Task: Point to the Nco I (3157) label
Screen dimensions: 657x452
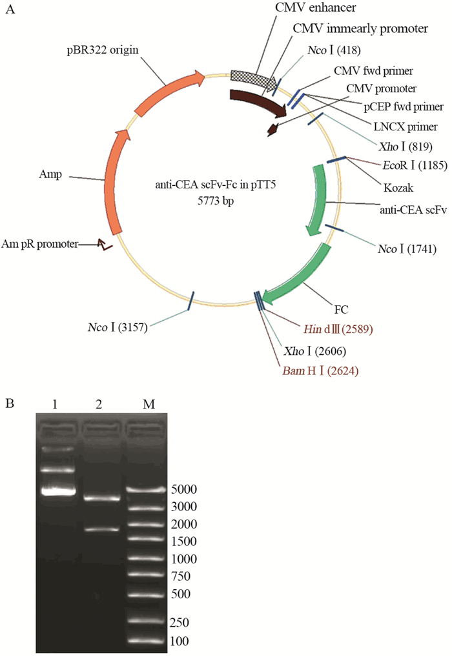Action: (119, 327)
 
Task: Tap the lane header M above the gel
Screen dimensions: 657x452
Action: (148, 403)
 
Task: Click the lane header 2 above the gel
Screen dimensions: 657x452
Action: (100, 403)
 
